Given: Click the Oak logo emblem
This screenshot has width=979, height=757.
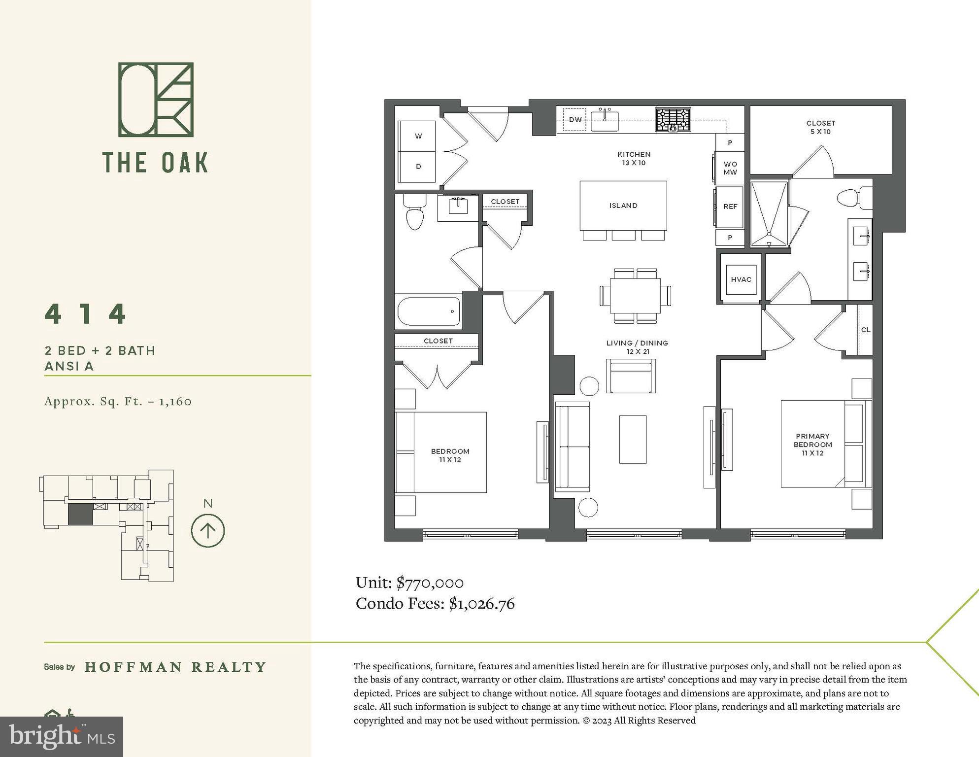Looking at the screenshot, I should click(x=156, y=100).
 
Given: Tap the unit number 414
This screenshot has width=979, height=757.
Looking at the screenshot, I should click(x=86, y=314).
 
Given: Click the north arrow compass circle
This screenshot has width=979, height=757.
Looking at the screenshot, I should click(x=207, y=531).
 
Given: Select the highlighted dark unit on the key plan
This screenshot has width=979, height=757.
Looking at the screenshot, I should click(x=80, y=515).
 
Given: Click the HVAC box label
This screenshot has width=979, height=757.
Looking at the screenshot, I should click(x=741, y=279).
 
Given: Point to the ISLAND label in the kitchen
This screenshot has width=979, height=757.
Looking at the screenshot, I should click(x=623, y=206).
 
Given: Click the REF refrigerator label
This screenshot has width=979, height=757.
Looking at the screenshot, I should click(x=730, y=206).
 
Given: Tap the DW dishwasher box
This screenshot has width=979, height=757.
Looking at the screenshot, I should click(x=574, y=119).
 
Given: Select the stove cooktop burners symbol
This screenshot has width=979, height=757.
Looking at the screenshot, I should click(x=673, y=119).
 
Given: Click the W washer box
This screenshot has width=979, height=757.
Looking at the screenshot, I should click(x=418, y=136).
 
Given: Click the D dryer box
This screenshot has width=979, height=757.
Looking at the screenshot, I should click(x=418, y=167).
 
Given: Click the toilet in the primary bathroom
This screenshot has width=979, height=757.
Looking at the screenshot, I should click(x=851, y=199).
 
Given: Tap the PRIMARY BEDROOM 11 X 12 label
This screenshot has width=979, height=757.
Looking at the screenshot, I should click(x=812, y=444).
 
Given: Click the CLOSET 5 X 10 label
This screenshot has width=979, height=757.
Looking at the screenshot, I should click(x=820, y=127).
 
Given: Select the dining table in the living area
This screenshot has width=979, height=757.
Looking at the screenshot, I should click(x=635, y=295).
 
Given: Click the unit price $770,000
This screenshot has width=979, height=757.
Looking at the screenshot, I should click(x=430, y=583).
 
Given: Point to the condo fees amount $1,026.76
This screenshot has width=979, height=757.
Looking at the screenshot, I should click(x=481, y=604).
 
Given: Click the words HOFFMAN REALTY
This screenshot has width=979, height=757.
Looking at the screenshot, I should click(x=175, y=667).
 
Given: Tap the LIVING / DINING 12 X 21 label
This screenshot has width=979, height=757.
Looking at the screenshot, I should click(x=637, y=347).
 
